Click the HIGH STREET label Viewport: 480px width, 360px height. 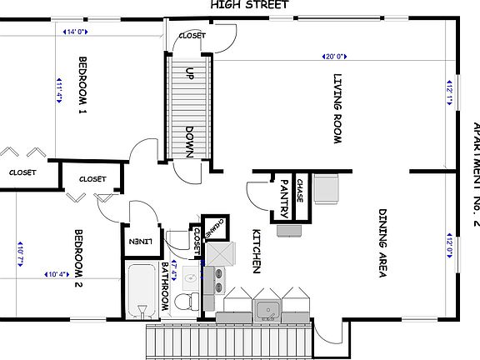249,5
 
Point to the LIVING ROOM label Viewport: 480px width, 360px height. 338,109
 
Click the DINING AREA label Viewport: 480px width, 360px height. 382,242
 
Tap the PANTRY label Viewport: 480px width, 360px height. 284,196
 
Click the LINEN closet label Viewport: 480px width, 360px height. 138,242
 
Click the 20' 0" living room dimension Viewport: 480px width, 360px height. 334,57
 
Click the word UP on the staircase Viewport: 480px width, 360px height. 190,72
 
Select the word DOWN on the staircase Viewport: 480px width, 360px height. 190,142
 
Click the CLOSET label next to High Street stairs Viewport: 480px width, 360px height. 192,36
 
